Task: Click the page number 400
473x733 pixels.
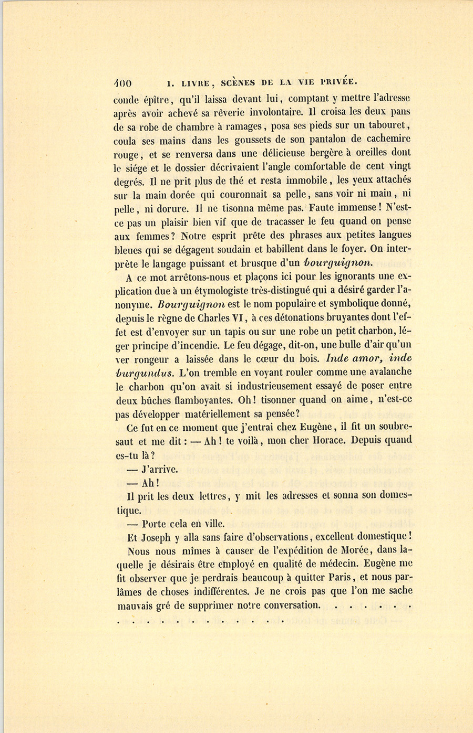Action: tap(122, 83)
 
